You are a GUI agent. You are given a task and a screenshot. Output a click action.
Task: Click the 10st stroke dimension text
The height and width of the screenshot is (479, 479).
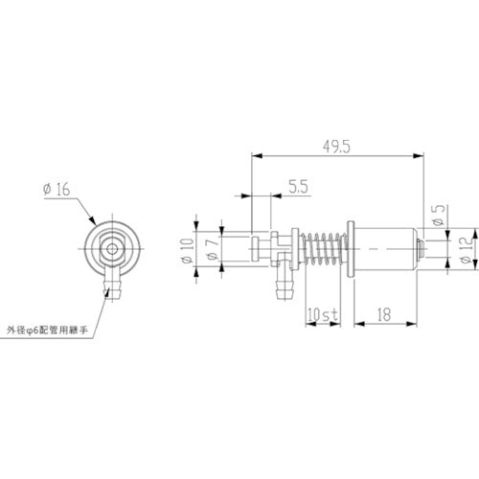click(x=321, y=313)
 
